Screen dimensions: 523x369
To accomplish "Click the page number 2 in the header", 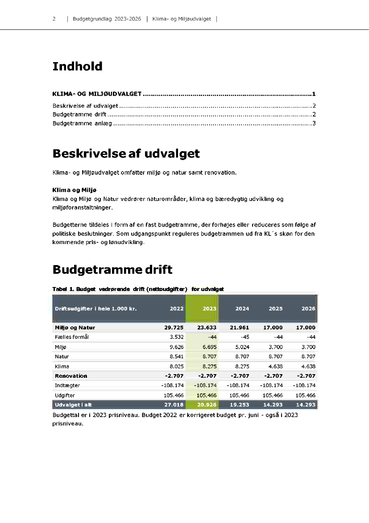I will click(54, 19).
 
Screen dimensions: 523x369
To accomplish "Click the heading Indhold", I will click(77, 67).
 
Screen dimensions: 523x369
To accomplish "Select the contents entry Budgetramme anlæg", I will click(82, 123).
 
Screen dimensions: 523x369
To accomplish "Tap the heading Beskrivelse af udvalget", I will click(126, 154).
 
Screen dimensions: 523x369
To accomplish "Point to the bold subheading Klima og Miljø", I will click(75, 190).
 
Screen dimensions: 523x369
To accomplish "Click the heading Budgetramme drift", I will click(112, 270).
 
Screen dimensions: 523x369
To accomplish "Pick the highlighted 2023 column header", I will click(209, 308).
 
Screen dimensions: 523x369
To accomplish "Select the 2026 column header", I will click(308, 308).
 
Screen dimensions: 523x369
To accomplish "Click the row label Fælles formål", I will click(71, 337).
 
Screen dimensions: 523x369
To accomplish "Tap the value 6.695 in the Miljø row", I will click(209, 347).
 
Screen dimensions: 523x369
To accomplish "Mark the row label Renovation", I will click(71, 376).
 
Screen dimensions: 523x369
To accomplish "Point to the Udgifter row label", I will click(65, 395).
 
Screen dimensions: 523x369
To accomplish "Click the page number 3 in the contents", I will click(314, 123).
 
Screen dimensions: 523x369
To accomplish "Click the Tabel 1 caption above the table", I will click(138, 289).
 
